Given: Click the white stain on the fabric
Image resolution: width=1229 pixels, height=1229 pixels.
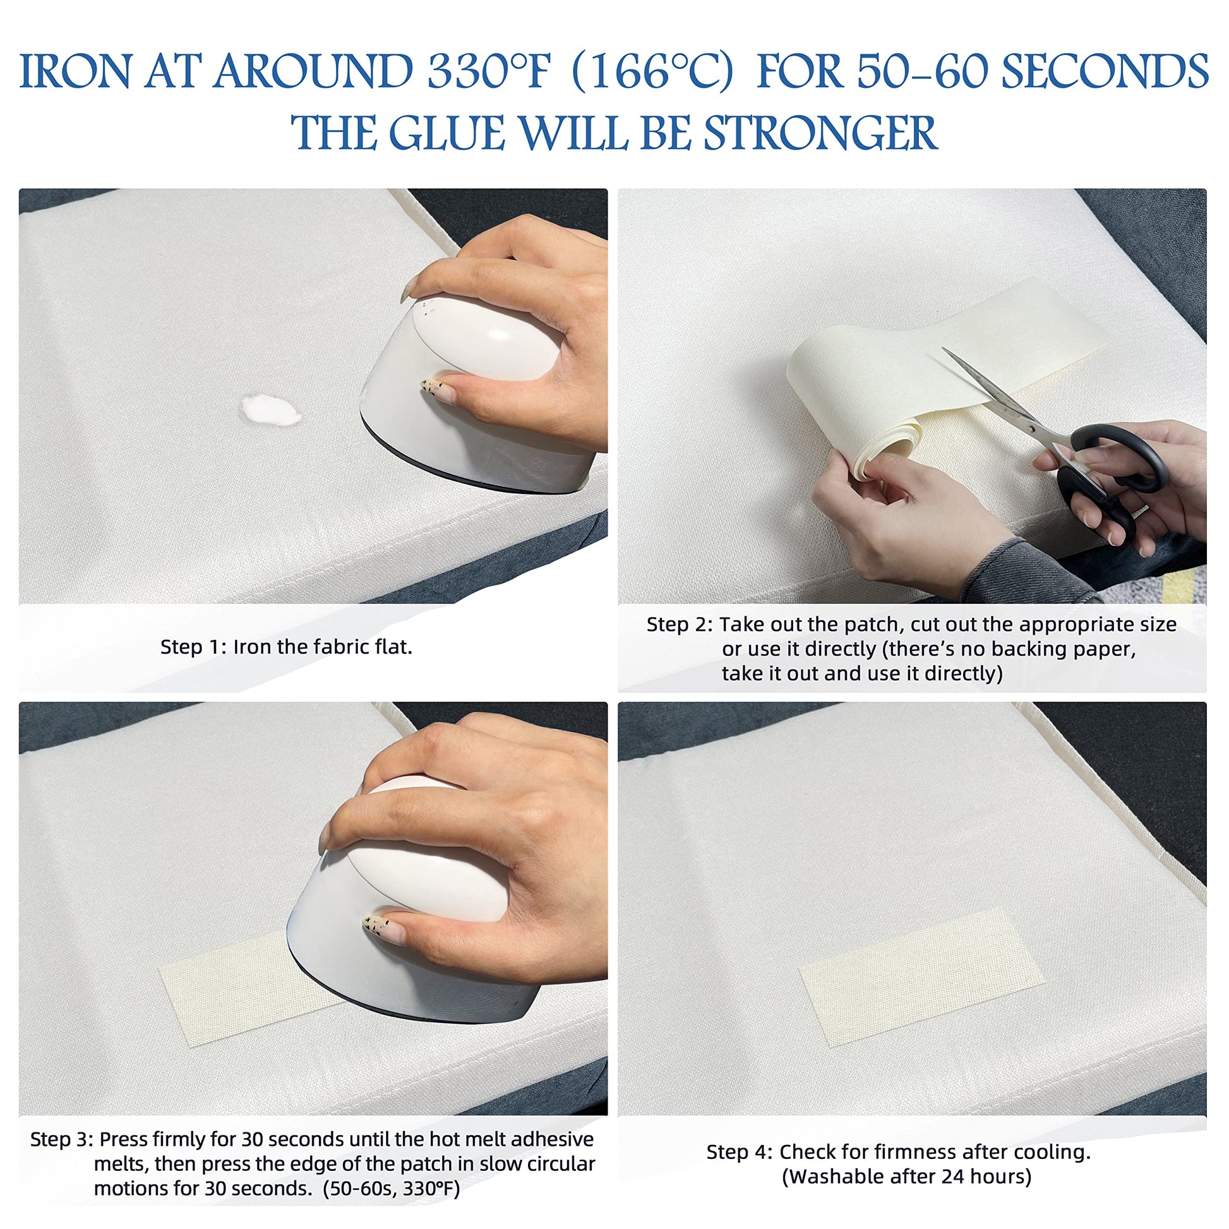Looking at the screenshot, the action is (x=270, y=409).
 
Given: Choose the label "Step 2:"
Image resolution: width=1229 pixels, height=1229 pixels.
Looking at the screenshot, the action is (x=680, y=624).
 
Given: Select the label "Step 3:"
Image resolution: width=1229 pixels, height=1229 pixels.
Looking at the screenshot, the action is (x=62, y=1139).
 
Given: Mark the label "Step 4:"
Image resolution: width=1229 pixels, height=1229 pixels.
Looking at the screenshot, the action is (x=740, y=1151).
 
